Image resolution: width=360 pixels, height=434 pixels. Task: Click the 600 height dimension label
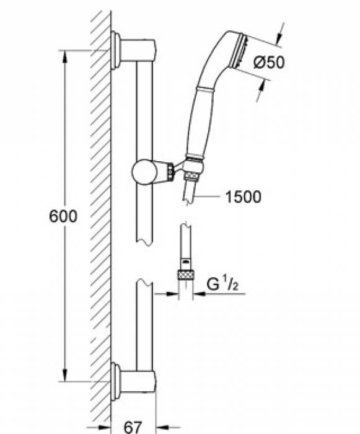63,216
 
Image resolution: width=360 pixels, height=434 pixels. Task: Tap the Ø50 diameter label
269,62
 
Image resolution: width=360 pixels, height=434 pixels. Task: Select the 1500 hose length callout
244,197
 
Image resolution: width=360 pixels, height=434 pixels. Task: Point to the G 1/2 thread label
222,284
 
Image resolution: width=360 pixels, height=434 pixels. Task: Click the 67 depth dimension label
133,427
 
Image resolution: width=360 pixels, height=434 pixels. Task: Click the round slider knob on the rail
142,172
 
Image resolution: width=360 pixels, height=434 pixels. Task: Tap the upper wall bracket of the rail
133,50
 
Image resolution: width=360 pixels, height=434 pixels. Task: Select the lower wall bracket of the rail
133,382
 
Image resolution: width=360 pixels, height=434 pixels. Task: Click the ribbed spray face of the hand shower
240,51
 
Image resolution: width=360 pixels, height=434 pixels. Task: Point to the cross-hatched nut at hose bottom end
186,275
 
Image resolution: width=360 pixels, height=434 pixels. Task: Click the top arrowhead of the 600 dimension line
64,57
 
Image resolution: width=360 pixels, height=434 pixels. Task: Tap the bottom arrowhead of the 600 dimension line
64,374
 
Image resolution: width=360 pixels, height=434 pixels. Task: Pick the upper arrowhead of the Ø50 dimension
279,36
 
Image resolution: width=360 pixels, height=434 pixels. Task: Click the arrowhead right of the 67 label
163,428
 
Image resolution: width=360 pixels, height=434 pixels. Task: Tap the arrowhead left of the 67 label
104,428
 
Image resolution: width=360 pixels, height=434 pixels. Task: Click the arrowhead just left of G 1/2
200,294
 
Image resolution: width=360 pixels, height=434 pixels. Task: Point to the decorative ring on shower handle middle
205,90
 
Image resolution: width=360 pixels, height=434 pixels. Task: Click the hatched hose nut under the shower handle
192,176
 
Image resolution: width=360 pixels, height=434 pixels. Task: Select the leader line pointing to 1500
207,197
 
